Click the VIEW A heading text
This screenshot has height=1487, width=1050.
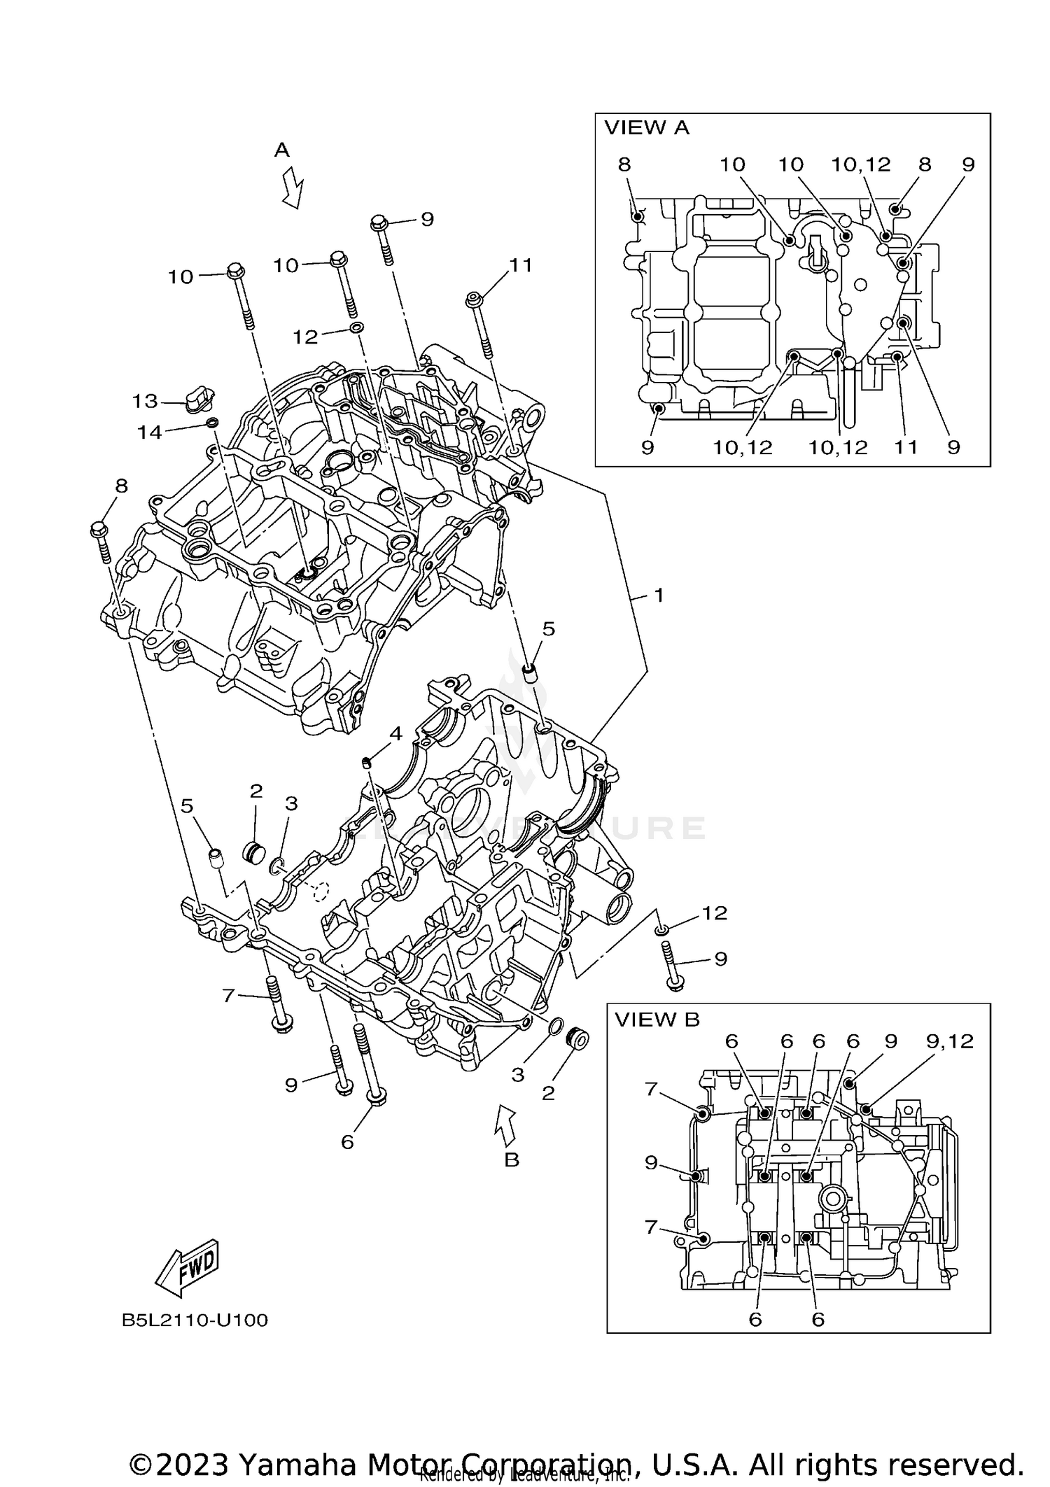tap(646, 128)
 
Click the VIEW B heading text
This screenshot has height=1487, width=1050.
tap(657, 1020)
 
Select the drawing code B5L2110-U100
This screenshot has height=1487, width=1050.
tap(195, 1320)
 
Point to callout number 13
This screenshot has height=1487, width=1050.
tap(145, 401)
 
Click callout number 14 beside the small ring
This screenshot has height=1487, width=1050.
tap(149, 432)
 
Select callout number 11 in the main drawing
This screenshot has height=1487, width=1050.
tap(521, 265)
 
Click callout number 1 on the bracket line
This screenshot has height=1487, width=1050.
tap(658, 595)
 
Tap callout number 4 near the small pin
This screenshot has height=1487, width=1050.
tap(395, 733)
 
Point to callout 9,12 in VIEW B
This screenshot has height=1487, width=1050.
tap(949, 1041)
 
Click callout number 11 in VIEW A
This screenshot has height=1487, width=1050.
tap(906, 447)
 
